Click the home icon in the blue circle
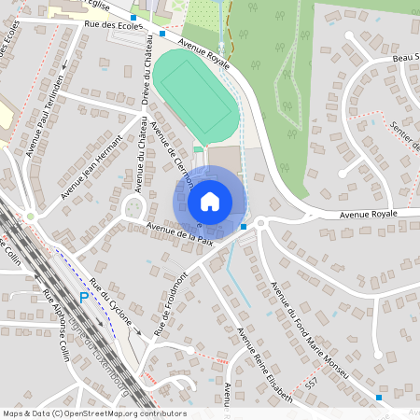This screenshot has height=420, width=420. [209, 201]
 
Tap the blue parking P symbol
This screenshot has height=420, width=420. [84, 298]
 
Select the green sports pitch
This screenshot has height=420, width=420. [194, 98]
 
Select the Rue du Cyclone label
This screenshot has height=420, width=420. [112, 305]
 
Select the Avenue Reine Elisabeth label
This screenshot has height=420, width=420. [264, 365]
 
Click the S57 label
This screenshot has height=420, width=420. [312, 384]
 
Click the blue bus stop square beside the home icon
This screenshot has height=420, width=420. [243, 227]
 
